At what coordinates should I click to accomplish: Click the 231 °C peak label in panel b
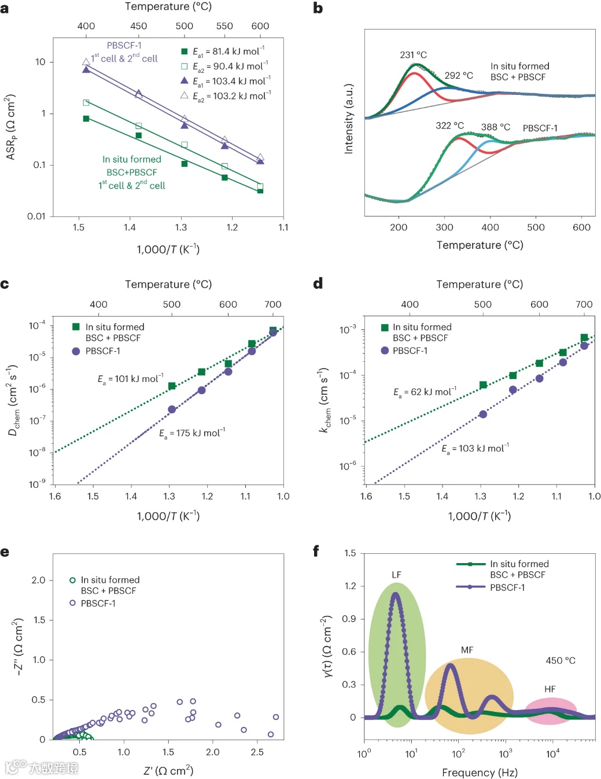click(413, 55)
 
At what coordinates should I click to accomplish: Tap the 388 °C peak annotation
click(495, 127)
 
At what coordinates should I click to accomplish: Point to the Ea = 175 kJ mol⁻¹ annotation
click(192, 433)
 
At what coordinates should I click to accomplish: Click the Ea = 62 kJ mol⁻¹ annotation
click(425, 392)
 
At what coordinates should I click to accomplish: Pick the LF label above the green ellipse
click(396, 575)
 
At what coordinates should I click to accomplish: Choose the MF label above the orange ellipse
click(467, 650)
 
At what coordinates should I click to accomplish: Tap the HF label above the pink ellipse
click(550, 689)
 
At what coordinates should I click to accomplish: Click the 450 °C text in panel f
click(561, 660)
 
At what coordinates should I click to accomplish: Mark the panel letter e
click(5, 552)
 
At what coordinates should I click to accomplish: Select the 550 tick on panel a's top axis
click(224, 26)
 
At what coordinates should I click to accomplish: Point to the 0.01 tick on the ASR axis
click(36, 216)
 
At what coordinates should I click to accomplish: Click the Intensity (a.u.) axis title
click(349, 119)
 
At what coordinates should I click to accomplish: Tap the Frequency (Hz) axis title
click(480, 772)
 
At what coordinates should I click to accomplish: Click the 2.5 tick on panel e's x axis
click(257, 752)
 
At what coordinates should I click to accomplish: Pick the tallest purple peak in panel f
click(396, 594)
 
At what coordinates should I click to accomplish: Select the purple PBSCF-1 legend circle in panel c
click(76, 351)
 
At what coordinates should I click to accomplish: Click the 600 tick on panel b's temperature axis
click(581, 227)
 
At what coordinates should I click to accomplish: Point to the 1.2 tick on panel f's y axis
click(350, 586)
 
